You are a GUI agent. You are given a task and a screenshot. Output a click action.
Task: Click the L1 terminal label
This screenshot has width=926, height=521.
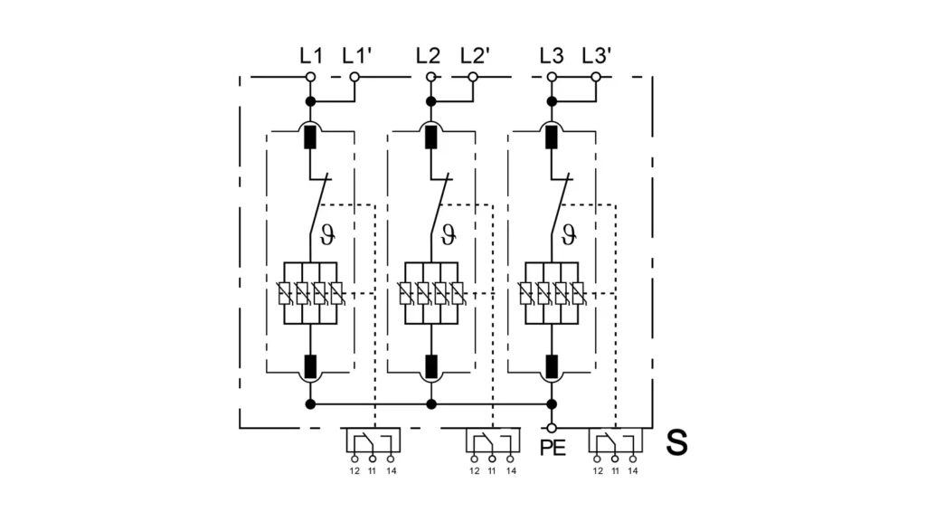pos(310,55)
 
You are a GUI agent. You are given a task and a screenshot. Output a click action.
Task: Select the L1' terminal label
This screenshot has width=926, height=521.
pos(356,55)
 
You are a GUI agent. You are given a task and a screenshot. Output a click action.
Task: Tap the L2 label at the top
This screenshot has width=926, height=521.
pos(430,55)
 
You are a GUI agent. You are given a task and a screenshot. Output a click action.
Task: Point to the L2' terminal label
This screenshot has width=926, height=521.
pos(475,55)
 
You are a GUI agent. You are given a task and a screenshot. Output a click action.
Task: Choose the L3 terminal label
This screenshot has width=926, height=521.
pos(552,55)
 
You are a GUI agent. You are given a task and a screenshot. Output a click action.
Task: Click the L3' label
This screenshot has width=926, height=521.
pos(597,55)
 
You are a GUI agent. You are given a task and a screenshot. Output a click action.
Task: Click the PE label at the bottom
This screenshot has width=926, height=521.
pos(552,448)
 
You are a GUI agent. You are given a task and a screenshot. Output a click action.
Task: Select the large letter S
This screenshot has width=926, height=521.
pos(676,443)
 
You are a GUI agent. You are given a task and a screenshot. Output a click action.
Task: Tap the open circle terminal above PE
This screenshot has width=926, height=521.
pos(552,427)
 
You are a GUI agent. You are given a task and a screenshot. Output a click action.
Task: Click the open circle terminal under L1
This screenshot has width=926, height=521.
pos(310,78)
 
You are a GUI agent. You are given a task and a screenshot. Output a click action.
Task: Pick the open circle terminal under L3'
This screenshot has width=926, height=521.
pos(596,78)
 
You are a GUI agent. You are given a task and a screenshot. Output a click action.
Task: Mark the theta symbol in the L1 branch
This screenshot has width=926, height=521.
pos(327,237)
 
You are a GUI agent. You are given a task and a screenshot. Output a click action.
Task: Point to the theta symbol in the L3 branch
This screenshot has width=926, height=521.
pos(569,237)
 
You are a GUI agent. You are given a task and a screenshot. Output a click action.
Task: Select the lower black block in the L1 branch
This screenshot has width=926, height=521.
pos(310,366)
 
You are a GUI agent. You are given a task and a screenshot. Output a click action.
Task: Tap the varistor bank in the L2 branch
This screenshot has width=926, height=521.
pos(431,293)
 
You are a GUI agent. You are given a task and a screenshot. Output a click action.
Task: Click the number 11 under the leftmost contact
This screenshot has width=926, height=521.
pos(373,470)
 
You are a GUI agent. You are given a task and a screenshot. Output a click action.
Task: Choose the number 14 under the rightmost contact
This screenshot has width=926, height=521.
pos(632,470)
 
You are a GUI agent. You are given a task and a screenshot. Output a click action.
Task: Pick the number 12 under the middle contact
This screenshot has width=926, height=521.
pos(475,470)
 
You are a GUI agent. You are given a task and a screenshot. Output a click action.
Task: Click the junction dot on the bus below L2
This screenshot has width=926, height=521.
pos(431,404)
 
